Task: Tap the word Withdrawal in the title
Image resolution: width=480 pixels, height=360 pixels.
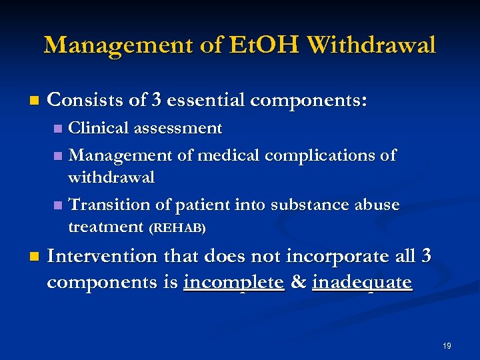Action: (372, 45)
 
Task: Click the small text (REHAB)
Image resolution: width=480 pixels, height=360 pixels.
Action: (177, 228)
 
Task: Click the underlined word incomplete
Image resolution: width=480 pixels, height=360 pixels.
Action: (234, 282)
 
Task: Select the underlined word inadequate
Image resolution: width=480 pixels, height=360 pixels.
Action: (361, 283)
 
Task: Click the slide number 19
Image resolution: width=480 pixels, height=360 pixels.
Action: (446, 346)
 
